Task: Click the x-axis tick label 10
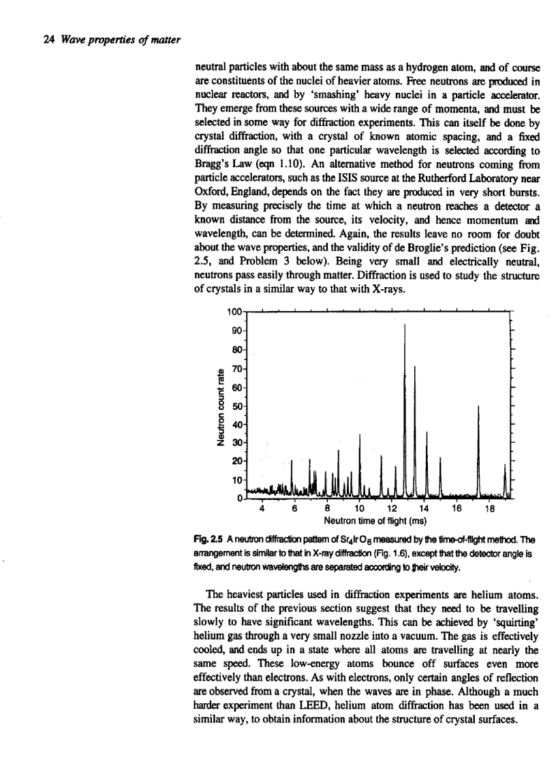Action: [358, 507]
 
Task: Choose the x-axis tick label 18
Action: [488, 507]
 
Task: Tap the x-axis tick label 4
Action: [262, 507]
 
